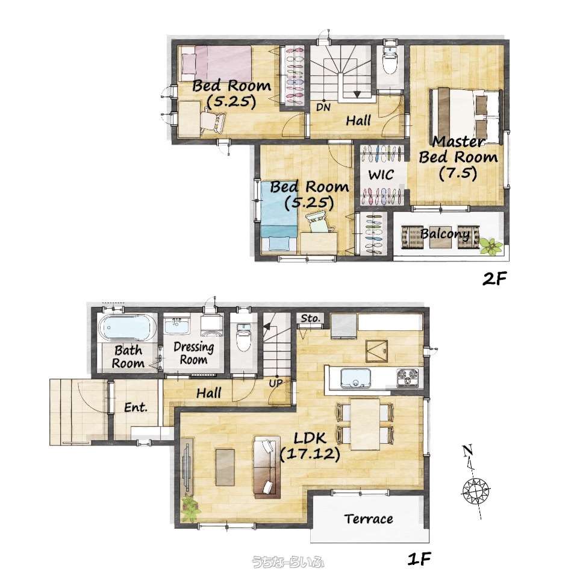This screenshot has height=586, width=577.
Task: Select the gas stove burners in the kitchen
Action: pyautogui.click(x=407, y=377)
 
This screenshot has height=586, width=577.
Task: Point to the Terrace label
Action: pyautogui.click(x=369, y=518)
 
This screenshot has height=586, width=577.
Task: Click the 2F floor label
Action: pyautogui.click(x=494, y=279)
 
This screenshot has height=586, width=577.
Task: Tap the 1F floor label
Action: pyautogui.click(x=419, y=559)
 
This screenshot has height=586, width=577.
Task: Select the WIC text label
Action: pyautogui.click(x=381, y=174)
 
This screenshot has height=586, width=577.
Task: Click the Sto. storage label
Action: pyautogui.click(x=311, y=318)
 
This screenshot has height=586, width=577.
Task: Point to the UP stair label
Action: pyautogui.click(x=276, y=383)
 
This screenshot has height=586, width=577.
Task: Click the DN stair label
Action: pyautogui.click(x=323, y=107)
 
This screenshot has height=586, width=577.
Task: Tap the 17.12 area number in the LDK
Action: pyautogui.click(x=310, y=454)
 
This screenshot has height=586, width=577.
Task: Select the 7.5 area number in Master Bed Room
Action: pyautogui.click(x=458, y=173)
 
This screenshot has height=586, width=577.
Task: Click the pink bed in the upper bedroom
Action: pyautogui.click(x=216, y=63)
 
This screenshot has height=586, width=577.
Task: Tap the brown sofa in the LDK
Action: pyautogui.click(x=267, y=467)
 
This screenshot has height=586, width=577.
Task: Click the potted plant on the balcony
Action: pyautogui.click(x=490, y=247)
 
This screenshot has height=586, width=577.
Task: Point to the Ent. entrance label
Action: pyautogui.click(x=136, y=407)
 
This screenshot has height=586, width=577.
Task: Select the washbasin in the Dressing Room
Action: pyautogui.click(x=178, y=326)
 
